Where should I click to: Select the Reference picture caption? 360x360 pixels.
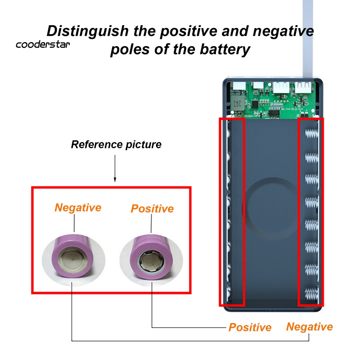[x=116, y=144]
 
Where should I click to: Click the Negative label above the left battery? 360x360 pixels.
[x=78, y=207]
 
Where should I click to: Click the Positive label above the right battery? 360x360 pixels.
[x=152, y=208]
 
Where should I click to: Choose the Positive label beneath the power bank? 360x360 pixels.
[x=250, y=327]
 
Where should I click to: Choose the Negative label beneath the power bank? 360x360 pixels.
[x=309, y=327]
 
